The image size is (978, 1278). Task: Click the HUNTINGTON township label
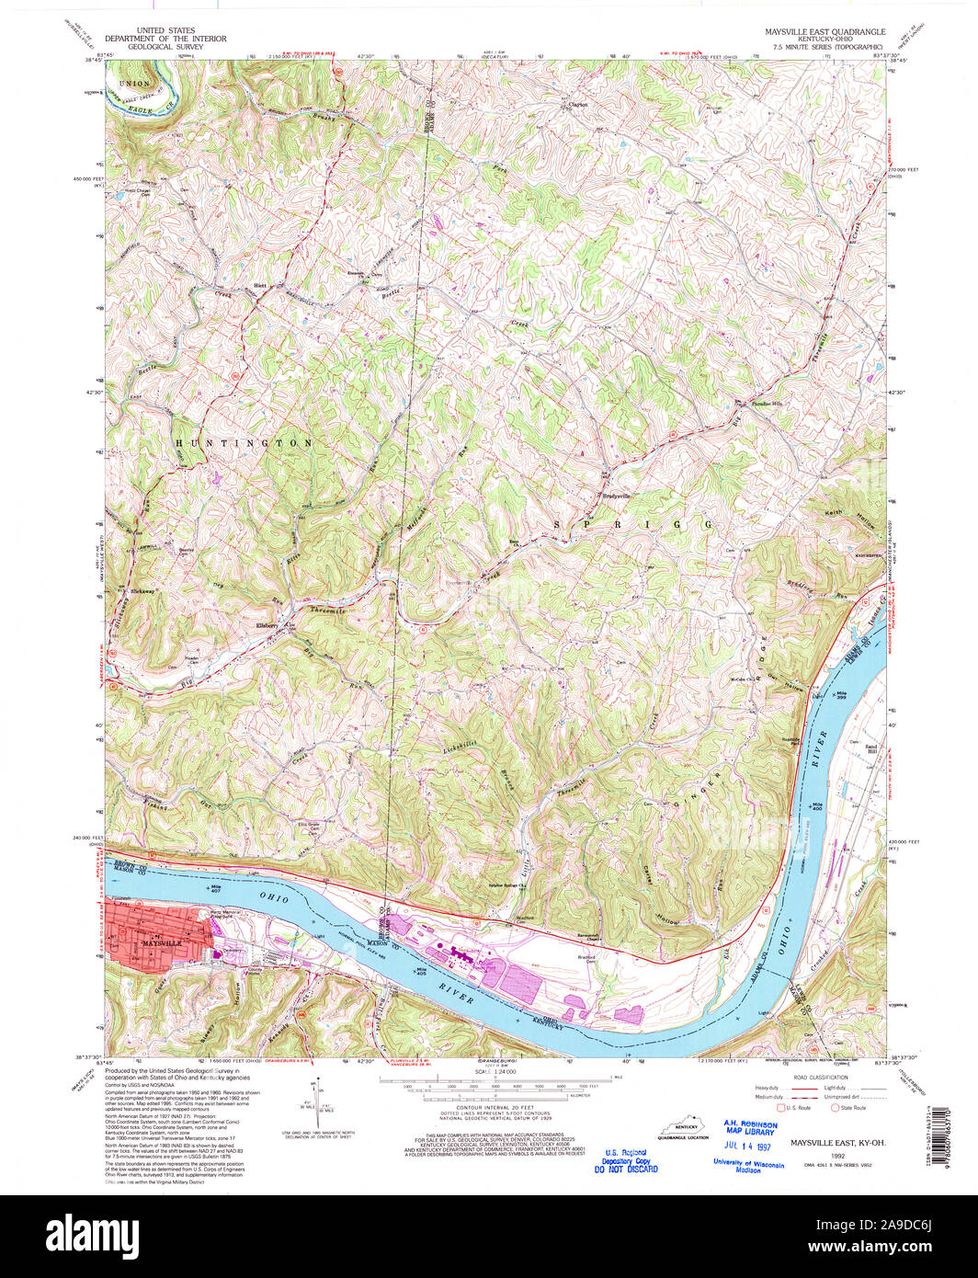[244, 443]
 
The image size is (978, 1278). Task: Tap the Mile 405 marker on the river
[424, 971]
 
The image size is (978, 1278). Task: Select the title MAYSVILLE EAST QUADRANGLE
[824, 31]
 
